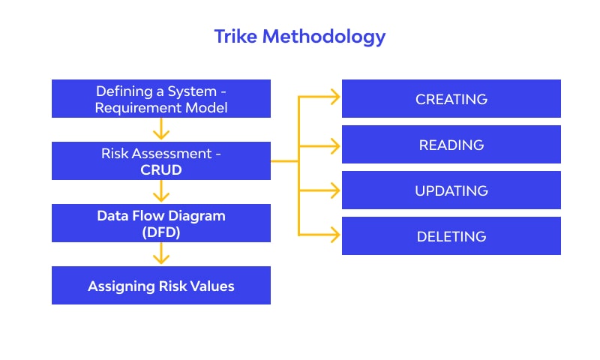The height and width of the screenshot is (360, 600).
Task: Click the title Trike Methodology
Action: tap(300, 36)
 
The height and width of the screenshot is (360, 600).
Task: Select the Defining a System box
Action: tap(161, 99)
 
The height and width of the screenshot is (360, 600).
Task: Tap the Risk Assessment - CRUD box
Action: tap(161, 161)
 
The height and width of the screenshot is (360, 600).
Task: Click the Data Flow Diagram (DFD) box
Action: tap(161, 223)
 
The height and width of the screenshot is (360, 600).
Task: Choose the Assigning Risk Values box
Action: tap(161, 286)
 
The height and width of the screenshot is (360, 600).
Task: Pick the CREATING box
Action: tap(451, 99)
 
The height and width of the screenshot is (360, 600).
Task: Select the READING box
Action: tap(451, 145)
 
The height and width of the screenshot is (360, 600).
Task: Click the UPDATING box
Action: tap(451, 190)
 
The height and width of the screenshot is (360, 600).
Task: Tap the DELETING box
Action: tap(451, 236)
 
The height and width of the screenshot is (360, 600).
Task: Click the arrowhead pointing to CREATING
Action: tap(334, 97)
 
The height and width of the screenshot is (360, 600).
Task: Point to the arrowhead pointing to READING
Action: tap(334, 143)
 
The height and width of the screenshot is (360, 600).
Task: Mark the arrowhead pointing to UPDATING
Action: tap(334, 189)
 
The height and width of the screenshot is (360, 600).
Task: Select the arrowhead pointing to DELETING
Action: tap(334, 235)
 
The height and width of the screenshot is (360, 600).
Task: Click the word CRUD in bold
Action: tap(161, 169)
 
